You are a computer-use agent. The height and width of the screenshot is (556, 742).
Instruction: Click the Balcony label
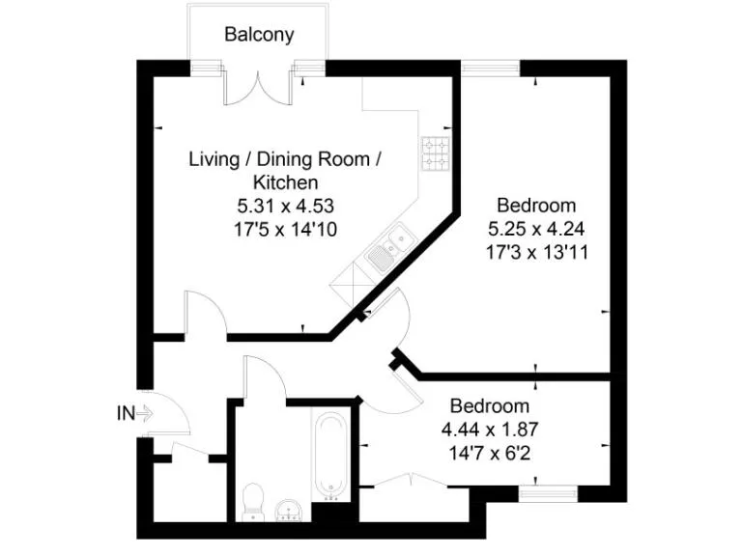coord(259,36)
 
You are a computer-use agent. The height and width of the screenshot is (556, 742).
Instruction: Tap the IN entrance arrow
coord(135,414)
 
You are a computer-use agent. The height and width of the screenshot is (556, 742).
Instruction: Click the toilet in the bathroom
coord(253,500)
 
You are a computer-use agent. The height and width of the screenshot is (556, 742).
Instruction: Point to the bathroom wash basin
coord(288,508)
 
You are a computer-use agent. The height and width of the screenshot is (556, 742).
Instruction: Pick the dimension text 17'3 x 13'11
coord(537,252)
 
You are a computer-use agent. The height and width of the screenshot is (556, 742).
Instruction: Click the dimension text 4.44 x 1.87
coord(489,429)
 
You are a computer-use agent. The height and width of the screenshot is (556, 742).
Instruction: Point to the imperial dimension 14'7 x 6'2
coord(489,452)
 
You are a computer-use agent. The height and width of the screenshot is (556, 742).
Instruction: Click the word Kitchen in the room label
coord(285,181)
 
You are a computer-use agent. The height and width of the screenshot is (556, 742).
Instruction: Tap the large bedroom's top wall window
coord(490,67)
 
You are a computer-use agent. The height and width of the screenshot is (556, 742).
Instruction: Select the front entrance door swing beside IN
coord(170,415)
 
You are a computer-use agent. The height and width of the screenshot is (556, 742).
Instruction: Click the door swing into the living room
coord(204,314)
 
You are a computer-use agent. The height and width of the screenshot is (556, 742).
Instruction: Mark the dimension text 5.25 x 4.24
coord(537,229)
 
